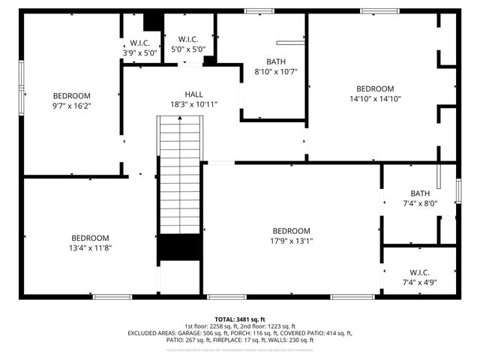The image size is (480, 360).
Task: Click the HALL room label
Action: pyautogui.click(x=193, y=94)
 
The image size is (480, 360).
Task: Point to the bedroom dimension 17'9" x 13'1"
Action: pyautogui.click(x=291, y=241)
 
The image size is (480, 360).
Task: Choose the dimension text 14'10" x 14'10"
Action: pyautogui.click(x=375, y=98)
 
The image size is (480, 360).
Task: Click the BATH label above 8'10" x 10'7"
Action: pyautogui.click(x=276, y=61)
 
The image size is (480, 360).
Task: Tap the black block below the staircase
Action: pyautogui.click(x=179, y=247)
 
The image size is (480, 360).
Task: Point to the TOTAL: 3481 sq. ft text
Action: pyautogui.click(x=240, y=319)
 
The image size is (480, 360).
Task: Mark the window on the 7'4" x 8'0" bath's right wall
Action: pyautogui.click(x=457, y=190)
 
